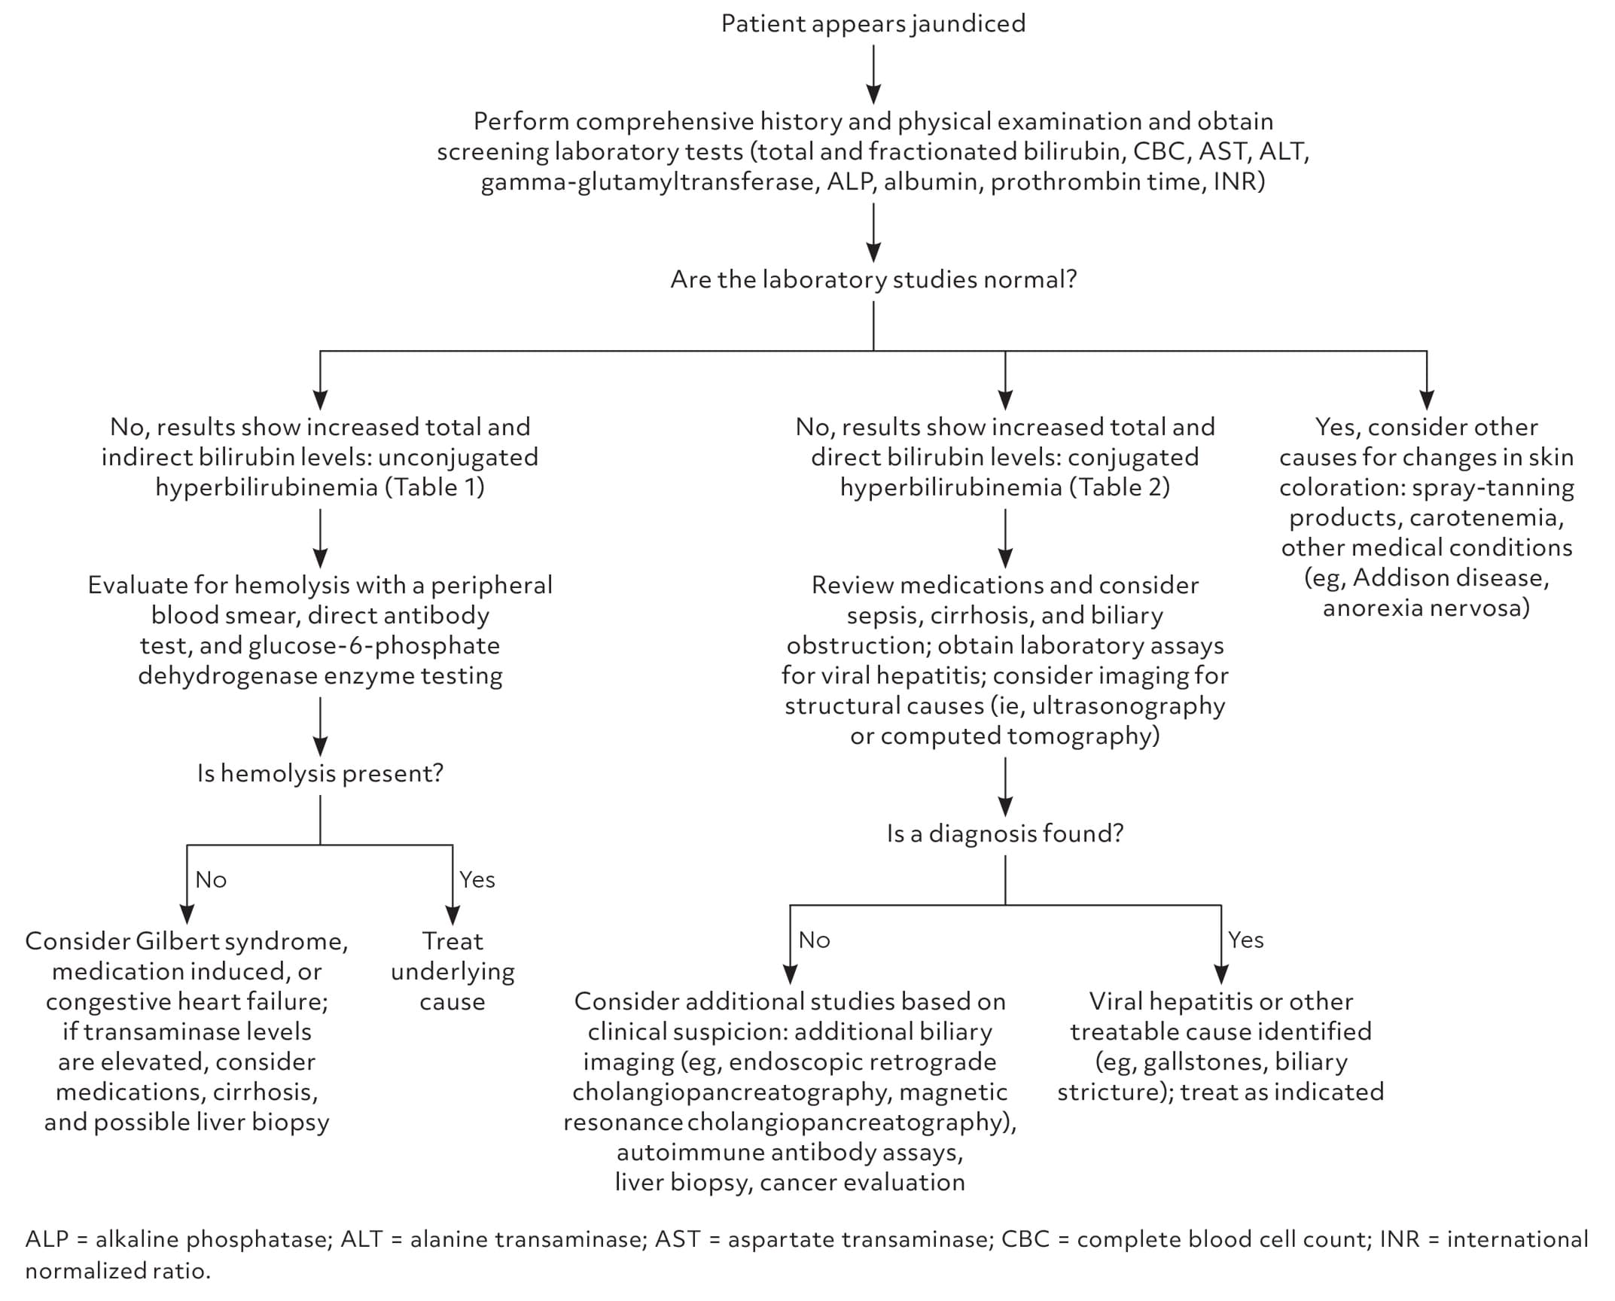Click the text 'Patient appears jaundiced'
coord(873,23)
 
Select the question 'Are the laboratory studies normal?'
coord(873,279)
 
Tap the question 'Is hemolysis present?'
coord(320,773)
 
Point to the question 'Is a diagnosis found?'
coord(1005,833)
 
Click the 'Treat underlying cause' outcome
coord(453,971)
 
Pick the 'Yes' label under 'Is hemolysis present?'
coord(477,879)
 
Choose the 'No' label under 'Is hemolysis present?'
coord(211,879)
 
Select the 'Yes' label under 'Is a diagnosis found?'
coord(1246,940)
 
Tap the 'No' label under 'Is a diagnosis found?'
coord(815,940)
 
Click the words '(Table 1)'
coord(435,487)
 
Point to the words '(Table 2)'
coord(1120,487)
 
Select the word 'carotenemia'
coord(1485,517)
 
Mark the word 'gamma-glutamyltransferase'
coord(648,182)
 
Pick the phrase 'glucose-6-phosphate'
coord(374,646)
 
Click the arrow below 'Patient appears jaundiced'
coord(873,75)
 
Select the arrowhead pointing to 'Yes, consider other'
coord(1427,400)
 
